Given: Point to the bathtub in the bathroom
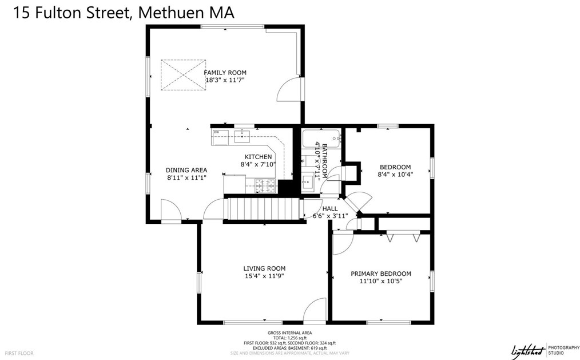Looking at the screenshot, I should [321, 138].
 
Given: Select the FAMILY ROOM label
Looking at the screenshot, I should [225, 73].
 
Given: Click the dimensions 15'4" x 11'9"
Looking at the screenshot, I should [264, 276].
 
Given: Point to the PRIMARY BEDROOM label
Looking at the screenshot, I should [381, 274].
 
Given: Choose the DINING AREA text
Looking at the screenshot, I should [186, 170].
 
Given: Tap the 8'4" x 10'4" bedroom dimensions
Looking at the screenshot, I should [395, 175].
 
